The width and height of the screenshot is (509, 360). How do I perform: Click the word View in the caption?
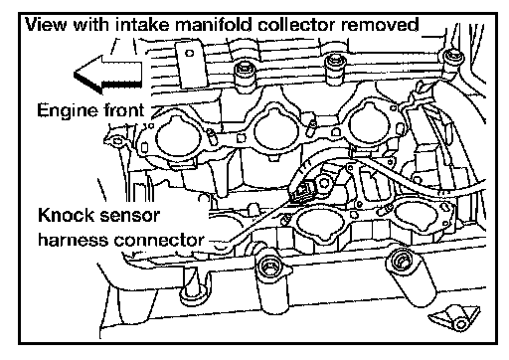[47, 25]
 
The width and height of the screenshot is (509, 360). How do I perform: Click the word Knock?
[66, 215]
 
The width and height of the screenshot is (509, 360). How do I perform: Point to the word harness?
[74, 240]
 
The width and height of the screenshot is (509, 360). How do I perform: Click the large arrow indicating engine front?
[108, 74]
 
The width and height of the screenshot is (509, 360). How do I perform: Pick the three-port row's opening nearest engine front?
[178, 136]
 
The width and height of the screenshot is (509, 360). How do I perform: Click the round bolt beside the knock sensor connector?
[324, 183]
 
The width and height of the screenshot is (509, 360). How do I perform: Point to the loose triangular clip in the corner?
[455, 319]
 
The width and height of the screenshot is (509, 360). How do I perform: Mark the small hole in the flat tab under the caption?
[189, 53]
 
